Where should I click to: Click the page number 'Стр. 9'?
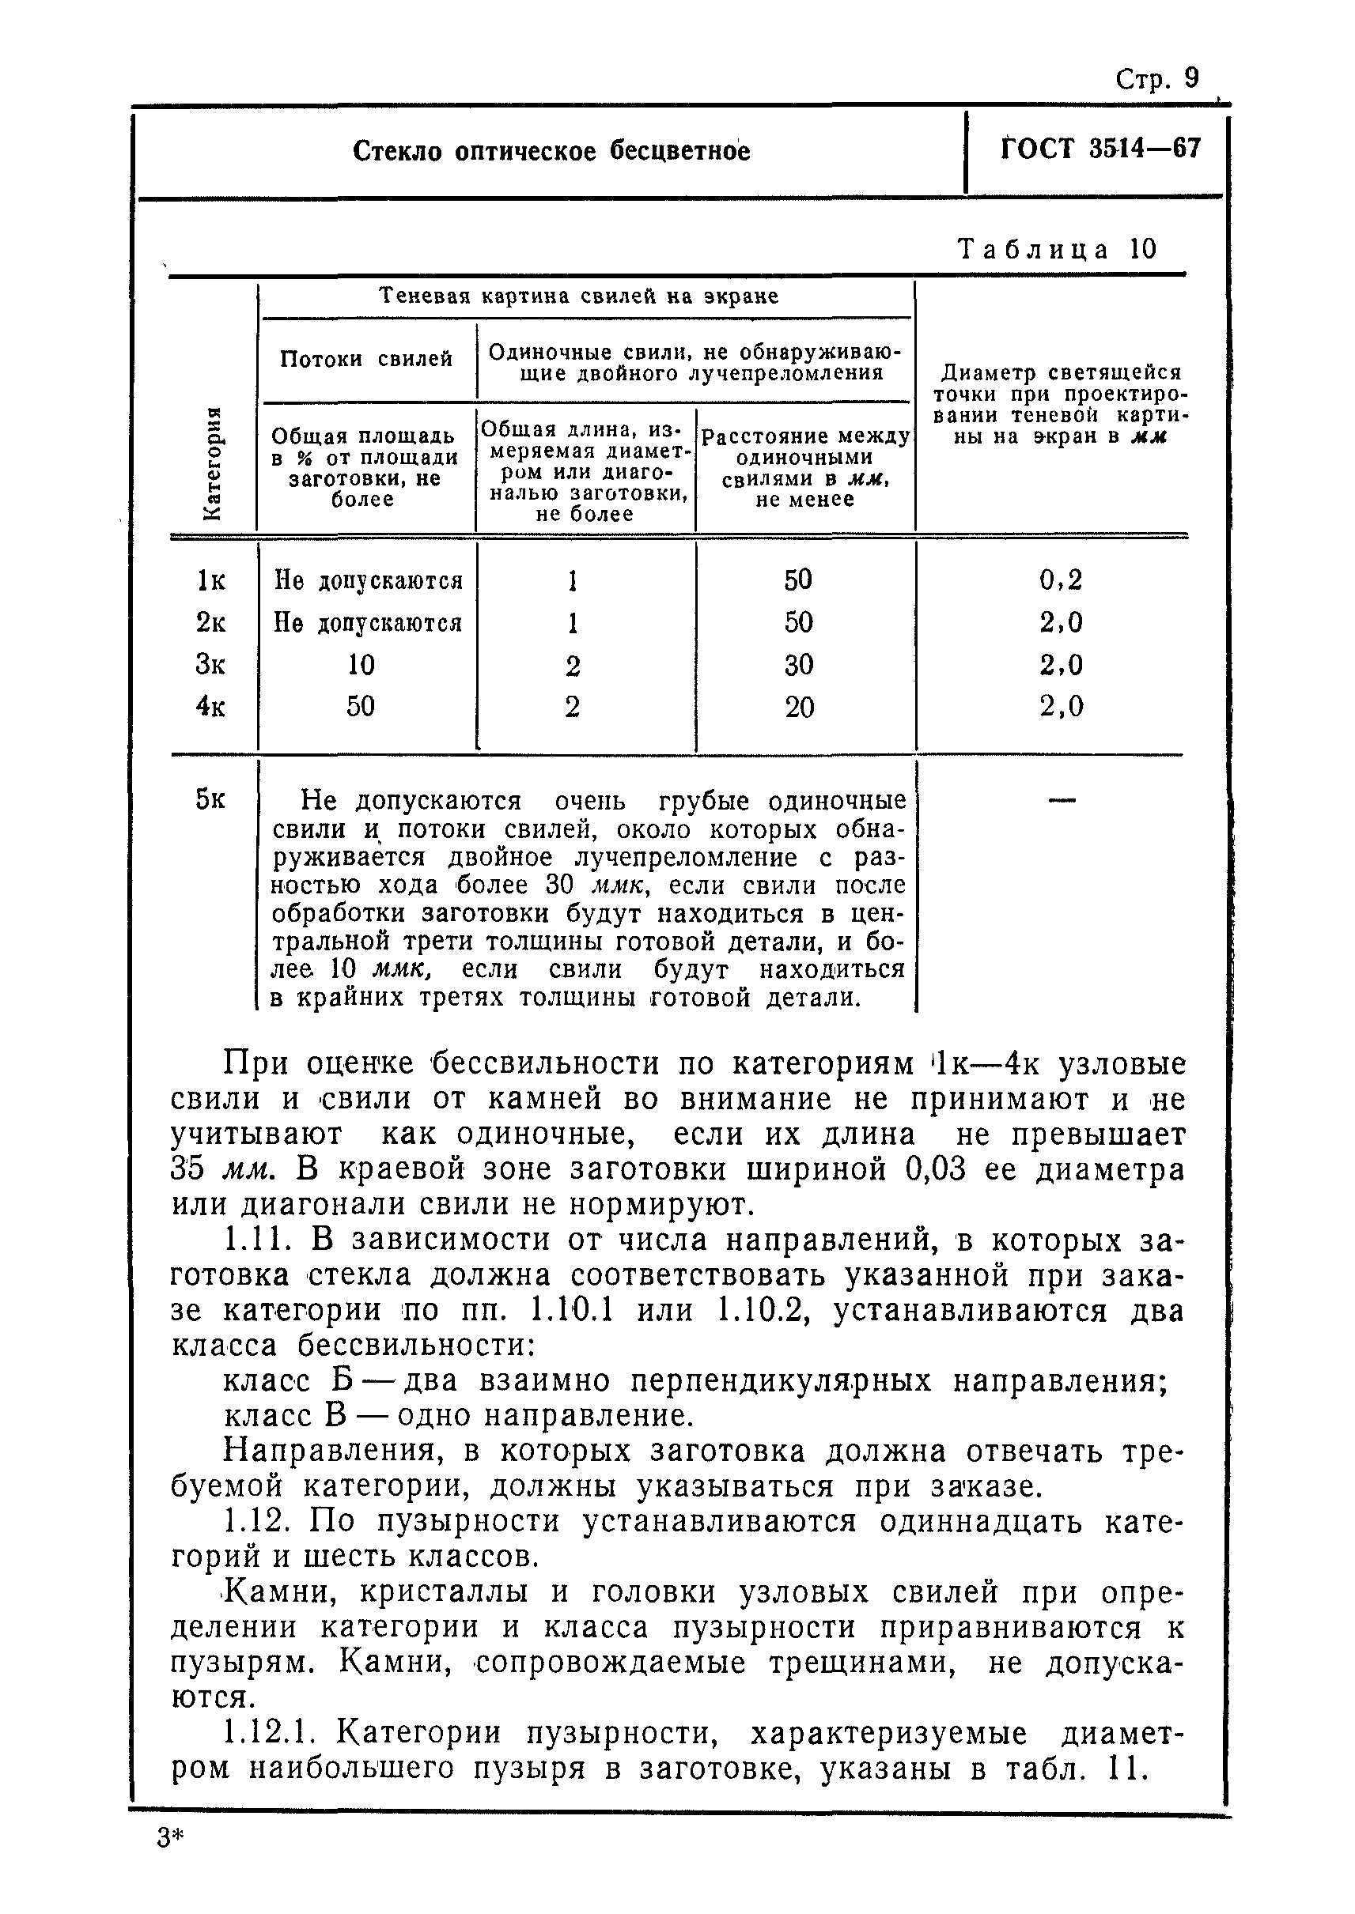coord(1156,79)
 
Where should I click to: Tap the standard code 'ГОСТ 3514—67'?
coord(1100,149)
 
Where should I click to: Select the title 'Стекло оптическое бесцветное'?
coord(551,152)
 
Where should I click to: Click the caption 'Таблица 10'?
coord(1058,249)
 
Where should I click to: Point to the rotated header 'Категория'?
coord(213,462)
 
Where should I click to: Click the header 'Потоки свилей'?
coord(366,360)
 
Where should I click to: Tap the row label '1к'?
coord(211,580)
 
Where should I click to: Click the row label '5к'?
coord(210,800)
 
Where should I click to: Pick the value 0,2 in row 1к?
coord(1061,579)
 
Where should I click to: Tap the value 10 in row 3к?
coord(361,665)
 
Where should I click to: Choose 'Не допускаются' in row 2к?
coord(368,623)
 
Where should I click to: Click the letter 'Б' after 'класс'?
coord(344,1380)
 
